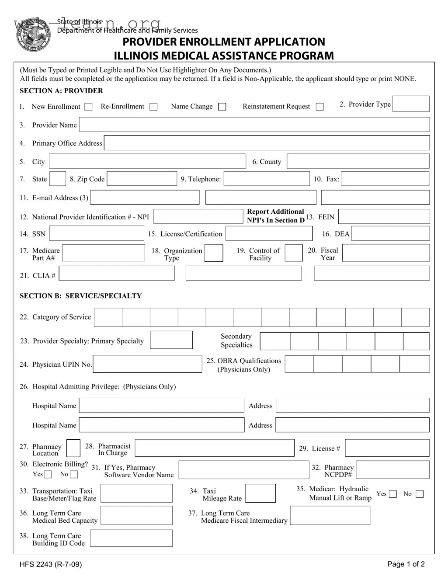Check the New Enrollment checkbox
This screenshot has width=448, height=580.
coord(88,107)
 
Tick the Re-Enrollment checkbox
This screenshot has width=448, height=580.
coord(153,107)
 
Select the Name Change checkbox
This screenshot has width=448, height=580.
coord(222,107)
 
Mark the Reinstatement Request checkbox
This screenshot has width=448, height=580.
coord(320,107)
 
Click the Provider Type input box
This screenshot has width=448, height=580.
coord(411,104)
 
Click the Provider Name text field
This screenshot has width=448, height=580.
coord(254,125)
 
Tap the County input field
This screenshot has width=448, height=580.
coord(358,161)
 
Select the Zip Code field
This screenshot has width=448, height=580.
coord(142,179)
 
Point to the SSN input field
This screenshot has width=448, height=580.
coord(97,234)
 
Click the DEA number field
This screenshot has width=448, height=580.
coord(390,234)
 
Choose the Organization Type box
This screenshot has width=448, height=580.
coord(214,253)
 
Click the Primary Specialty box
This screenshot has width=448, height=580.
coord(171,340)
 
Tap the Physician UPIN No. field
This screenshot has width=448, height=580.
coord(148,364)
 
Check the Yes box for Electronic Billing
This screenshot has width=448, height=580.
coord(48,475)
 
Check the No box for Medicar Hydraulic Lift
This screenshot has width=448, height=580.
coord(420,494)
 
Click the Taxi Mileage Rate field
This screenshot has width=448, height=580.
coord(260,493)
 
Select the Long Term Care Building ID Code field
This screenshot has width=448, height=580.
coord(131,538)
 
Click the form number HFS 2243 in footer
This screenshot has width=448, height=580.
coord(51,564)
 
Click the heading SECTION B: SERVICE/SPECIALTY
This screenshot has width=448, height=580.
coord(81,296)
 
